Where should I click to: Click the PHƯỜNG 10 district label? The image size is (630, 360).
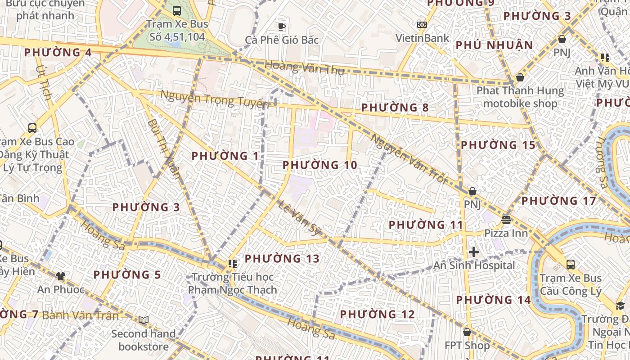[320, 165]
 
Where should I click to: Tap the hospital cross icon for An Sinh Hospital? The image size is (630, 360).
[473, 252]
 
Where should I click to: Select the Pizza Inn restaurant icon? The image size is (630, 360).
[506, 220]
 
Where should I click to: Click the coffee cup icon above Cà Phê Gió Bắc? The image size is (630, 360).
[282, 27]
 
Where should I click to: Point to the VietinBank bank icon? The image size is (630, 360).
[422, 25]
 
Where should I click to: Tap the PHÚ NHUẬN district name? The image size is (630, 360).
[494, 45]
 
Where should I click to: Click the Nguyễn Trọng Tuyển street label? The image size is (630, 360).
[215, 99]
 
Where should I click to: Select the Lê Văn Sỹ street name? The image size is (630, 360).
[298, 218]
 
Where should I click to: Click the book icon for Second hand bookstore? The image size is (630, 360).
[144, 320]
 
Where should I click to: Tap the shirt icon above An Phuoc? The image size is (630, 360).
[61, 276]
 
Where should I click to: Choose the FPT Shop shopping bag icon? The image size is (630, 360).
[467, 332]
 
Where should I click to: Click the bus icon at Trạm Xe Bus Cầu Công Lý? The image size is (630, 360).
[571, 264]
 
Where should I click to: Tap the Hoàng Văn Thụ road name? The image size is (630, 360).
[304, 67]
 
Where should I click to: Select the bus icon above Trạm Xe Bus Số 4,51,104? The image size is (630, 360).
[177, 11]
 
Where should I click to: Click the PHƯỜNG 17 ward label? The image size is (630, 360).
[558, 201]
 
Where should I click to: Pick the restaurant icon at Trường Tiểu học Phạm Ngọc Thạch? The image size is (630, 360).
[232, 264]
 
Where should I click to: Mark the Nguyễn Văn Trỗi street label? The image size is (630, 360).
[409, 159]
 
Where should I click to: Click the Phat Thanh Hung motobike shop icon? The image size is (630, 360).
[520, 77]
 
